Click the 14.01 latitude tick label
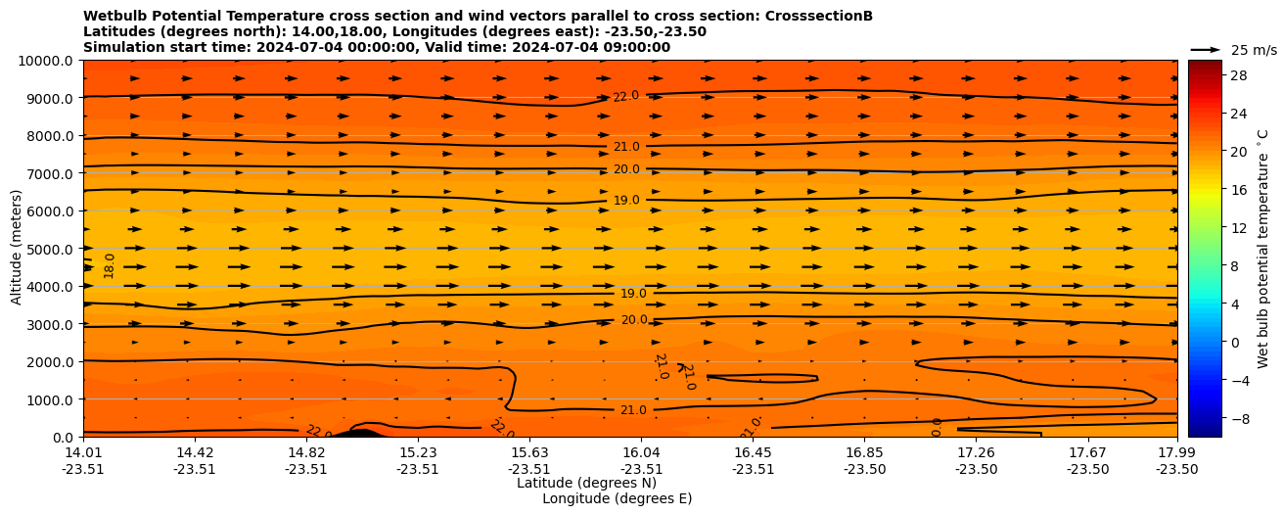pos(83,452)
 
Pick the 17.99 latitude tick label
pos(1176,452)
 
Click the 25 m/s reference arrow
pos(1205,50)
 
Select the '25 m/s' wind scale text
pos(1254,50)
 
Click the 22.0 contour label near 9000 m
pos(626,96)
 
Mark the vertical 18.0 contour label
pos(110,265)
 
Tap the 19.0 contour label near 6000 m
pos(626,200)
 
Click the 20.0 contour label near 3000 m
pos(634,320)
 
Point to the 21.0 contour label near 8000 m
pos(626,147)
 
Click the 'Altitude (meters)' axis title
pos(17,249)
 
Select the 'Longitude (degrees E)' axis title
pos(617,498)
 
